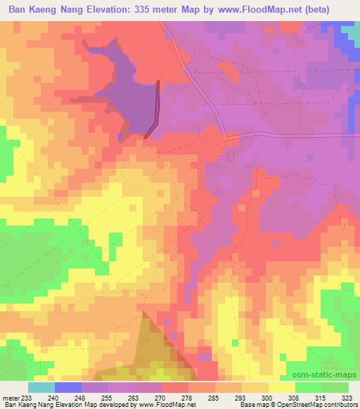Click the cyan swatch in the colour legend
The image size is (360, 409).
click(41, 387)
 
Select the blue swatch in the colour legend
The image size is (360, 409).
click(68, 387)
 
